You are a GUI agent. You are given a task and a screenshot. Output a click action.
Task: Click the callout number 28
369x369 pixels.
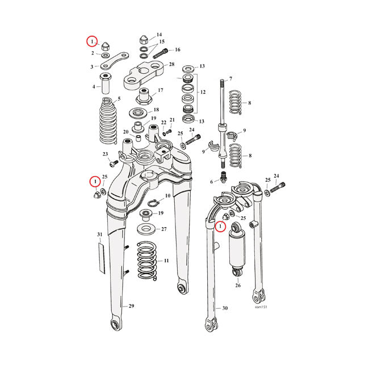(x=172, y=64)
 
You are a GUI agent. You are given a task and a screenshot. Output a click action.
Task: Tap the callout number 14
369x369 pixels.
(x=160, y=35)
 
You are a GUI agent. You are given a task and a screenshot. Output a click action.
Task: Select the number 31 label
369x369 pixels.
(x=100, y=234)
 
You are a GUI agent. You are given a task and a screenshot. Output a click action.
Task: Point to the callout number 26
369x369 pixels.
(x=238, y=286)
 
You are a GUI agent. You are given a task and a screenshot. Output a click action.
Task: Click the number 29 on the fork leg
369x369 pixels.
(x=131, y=306)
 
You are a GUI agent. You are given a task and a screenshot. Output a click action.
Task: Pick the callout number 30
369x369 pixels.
(x=225, y=308)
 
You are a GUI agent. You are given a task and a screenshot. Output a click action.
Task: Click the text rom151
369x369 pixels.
(x=261, y=307)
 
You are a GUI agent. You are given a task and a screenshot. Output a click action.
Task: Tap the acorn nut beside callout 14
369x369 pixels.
(x=144, y=40)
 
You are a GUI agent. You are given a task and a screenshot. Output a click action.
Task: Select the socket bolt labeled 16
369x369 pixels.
(x=161, y=53)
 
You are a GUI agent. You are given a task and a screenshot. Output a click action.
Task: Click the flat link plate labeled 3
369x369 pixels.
(x=115, y=61)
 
